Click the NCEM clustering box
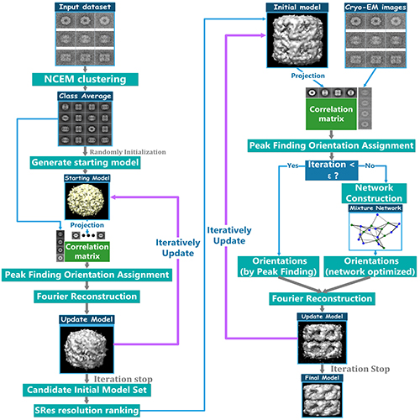[85, 79]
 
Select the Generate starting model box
[85, 162]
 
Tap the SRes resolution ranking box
[87, 410]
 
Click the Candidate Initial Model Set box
[87, 390]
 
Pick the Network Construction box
[374, 193]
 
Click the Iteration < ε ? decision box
[332, 170]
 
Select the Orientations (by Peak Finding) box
[278, 266]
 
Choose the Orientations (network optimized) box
[370, 266]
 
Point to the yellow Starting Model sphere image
[87, 201]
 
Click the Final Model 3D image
[322, 400]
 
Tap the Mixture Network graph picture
[375, 231]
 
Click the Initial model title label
[297, 8]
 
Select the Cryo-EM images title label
[375, 8]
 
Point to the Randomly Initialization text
[128, 152]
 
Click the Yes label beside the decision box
[293, 165]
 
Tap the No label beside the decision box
[370, 165]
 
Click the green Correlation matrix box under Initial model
[331, 113]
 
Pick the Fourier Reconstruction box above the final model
[322, 298]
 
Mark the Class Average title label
[85, 96]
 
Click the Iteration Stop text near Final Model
[360, 369]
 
